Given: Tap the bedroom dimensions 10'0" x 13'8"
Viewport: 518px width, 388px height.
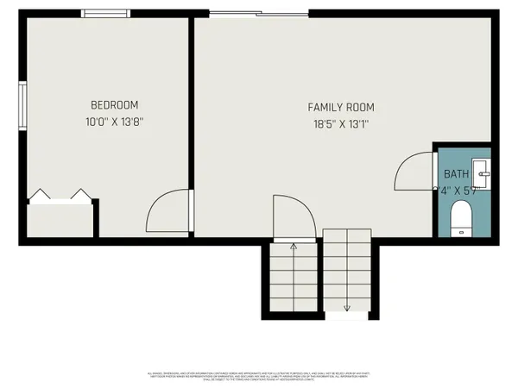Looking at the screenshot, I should click(x=113, y=122).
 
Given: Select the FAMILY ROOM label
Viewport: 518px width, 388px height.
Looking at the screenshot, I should click(x=342, y=107).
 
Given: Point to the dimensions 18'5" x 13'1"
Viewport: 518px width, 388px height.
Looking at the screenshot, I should click(x=342, y=123).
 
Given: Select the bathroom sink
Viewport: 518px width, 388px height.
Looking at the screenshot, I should click(x=483, y=174).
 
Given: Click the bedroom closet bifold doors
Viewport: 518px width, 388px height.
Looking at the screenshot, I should click(x=60, y=197).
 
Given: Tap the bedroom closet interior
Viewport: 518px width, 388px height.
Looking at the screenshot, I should click(x=60, y=220).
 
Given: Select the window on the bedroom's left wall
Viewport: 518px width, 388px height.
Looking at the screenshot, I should click(x=23, y=105).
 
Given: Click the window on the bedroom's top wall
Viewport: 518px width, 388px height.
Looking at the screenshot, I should click(x=106, y=13).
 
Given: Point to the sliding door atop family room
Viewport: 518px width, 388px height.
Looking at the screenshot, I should click(x=257, y=13).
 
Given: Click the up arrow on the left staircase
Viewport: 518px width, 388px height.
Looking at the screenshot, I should click(x=294, y=248).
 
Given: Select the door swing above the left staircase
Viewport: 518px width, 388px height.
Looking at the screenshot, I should click(x=291, y=216).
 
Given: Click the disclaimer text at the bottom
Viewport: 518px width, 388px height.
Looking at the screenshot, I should click(x=259, y=376).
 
